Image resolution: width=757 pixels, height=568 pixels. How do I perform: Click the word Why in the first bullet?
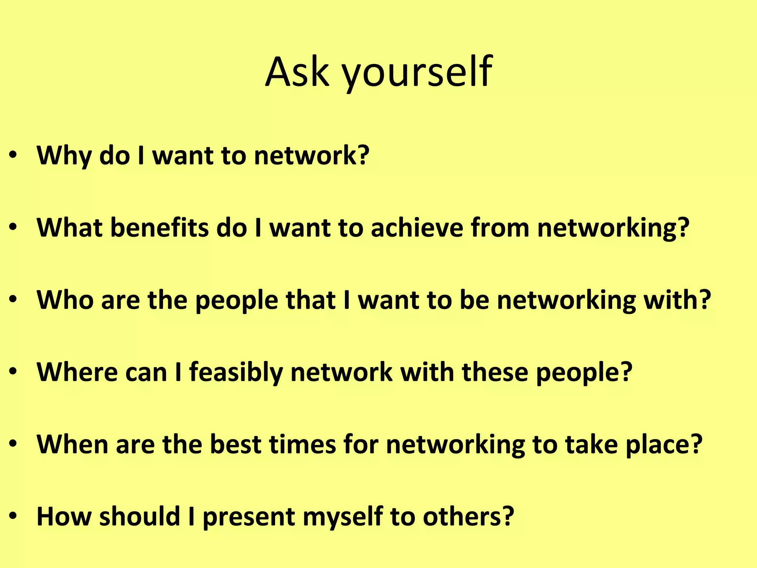click(64, 155)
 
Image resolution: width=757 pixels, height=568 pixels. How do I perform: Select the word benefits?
click(159, 227)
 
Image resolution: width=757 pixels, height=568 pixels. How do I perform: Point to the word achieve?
click(417, 227)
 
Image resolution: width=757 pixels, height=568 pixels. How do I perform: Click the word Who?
click(65, 300)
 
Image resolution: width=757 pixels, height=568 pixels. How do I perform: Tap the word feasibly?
click(236, 372)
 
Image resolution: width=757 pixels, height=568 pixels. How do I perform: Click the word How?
click(64, 516)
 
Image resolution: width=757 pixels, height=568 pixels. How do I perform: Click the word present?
click(249, 516)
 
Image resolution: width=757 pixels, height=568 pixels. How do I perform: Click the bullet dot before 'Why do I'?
click(13, 156)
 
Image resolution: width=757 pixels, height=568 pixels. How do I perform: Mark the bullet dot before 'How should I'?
click(13, 516)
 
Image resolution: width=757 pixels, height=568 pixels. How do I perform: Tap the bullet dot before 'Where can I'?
click(13, 372)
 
